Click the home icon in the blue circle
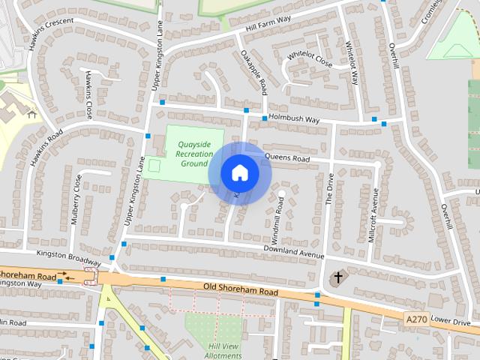click(240, 173)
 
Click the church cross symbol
click(338, 278)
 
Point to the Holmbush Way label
click(295, 120)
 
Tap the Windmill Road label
click(280, 214)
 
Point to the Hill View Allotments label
click(223, 350)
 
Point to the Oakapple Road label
click(254, 73)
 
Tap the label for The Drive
click(328, 190)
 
